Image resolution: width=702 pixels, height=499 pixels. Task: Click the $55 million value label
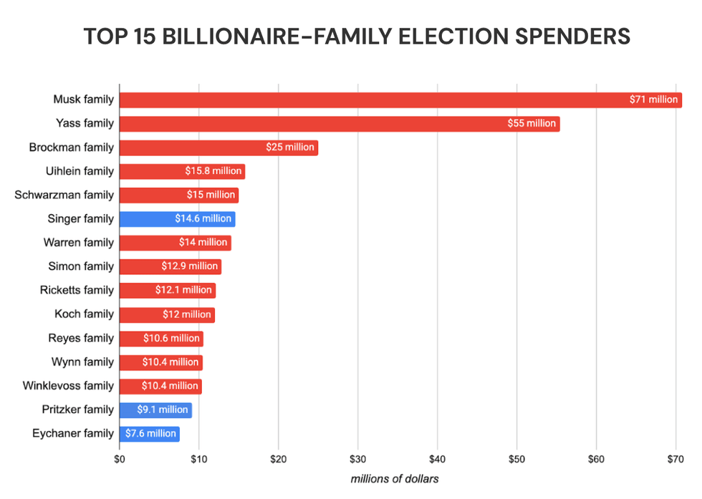(532, 123)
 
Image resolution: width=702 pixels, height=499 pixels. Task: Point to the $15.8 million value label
(213, 171)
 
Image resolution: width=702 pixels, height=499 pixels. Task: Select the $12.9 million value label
(190, 266)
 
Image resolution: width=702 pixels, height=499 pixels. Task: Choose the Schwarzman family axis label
(64, 195)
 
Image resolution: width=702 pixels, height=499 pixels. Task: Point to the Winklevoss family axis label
(69, 385)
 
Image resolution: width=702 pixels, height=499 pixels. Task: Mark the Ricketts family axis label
(77, 290)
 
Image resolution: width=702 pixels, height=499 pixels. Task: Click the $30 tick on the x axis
(358, 459)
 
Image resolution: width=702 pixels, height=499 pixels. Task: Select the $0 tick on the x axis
(120, 459)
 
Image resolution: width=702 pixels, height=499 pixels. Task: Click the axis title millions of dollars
(395, 478)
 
